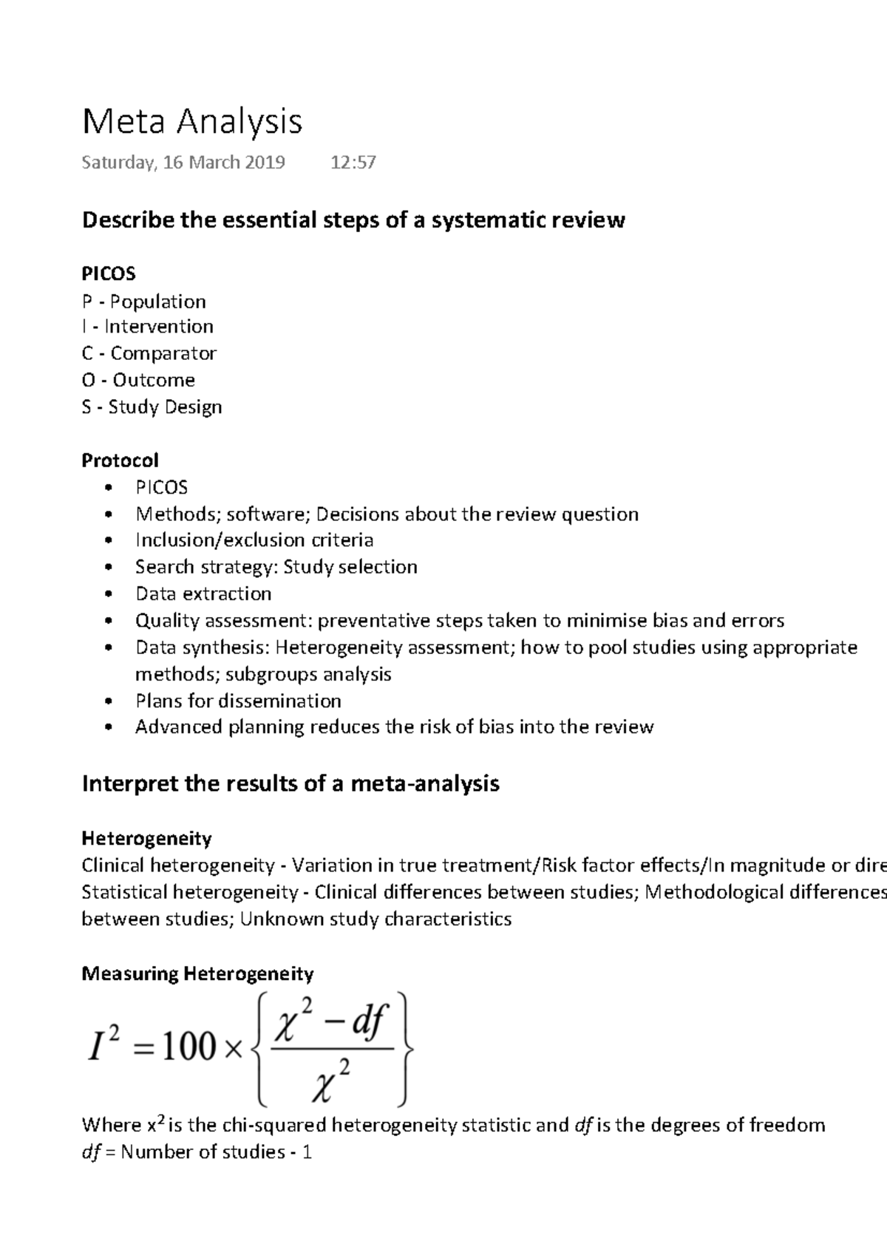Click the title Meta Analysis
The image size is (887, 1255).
[x=192, y=122]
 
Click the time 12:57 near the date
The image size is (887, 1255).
[x=353, y=163]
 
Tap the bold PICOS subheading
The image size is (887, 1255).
[x=109, y=274]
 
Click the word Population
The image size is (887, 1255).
[x=158, y=302]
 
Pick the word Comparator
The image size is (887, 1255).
[x=163, y=353]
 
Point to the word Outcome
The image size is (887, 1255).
[x=154, y=380]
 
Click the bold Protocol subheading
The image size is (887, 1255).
[x=120, y=460]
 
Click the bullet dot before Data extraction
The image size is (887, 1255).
[x=109, y=594]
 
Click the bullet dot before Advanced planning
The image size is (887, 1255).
[x=109, y=728]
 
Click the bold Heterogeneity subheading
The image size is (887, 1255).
[x=146, y=839]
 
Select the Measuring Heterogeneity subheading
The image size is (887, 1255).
[x=197, y=973]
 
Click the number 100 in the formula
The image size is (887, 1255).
[x=188, y=1048]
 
